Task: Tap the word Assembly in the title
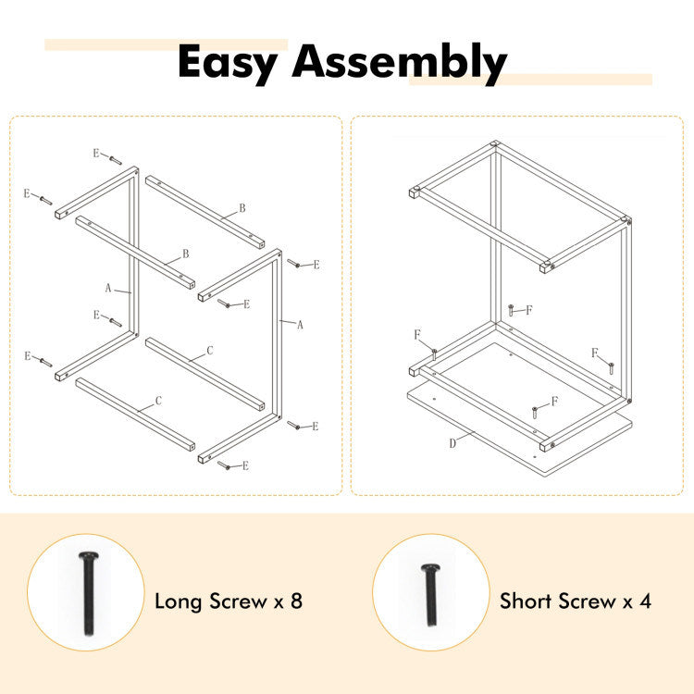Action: click(400, 63)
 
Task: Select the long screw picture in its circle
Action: click(88, 593)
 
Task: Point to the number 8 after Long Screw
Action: click(296, 601)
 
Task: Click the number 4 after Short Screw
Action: click(645, 601)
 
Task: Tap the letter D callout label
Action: click(452, 443)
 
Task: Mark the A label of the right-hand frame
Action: click(300, 325)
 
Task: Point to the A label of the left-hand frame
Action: click(108, 289)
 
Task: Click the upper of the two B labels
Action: click(242, 208)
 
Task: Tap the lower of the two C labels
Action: click(158, 401)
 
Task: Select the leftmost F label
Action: click(417, 334)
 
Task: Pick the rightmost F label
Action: click(594, 353)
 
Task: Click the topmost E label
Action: click(95, 153)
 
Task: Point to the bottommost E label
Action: click(246, 465)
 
